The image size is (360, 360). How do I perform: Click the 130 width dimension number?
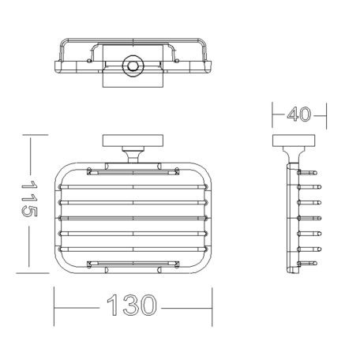(x=132, y=305)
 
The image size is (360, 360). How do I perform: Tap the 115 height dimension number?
(x=29, y=199)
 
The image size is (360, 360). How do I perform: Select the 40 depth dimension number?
(x=299, y=114)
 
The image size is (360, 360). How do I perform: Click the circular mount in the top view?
(x=133, y=66)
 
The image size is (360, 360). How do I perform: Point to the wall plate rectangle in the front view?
(x=133, y=141)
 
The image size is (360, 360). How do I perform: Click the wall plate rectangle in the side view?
(x=294, y=141)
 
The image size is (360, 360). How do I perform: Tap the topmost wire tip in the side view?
(x=315, y=173)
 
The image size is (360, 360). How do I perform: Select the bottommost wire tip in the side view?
(x=315, y=263)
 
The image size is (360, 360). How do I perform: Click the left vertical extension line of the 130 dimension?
(x=54, y=306)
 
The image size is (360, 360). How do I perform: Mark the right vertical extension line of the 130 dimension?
(x=212, y=306)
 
